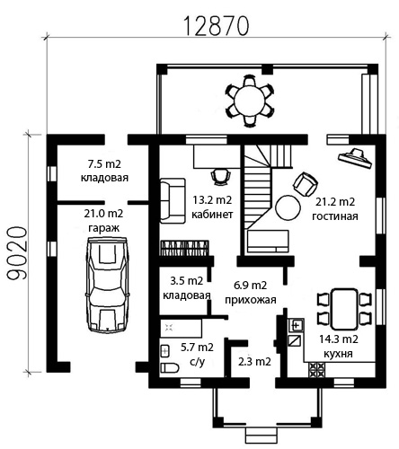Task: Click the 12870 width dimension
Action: pyautogui.click(x=216, y=25)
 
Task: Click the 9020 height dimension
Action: pyautogui.click(x=16, y=253)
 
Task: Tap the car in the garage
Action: pyautogui.click(x=107, y=285)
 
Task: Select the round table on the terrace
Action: pyautogui.click(x=250, y=101)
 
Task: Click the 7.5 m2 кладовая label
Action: pyautogui.click(x=104, y=171)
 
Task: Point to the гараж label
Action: pyautogui.click(x=104, y=228)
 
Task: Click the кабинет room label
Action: pyautogui.click(x=212, y=215)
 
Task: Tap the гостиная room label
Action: pyautogui.click(x=335, y=216)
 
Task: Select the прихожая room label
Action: pyautogui.click(x=251, y=299)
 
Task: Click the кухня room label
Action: pyautogui.click(x=338, y=354)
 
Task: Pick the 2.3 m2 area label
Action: pyautogui.click(x=254, y=362)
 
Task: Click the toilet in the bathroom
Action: pyautogui.click(x=170, y=367)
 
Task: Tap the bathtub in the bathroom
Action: pyautogui.click(x=181, y=329)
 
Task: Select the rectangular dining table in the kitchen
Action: pyautogui.click(x=344, y=309)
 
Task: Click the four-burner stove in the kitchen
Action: pyautogui.click(x=316, y=370)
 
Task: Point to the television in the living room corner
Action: pyautogui.click(x=356, y=158)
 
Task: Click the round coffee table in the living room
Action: pyautogui.click(x=288, y=207)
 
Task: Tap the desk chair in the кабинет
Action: pyautogui.click(x=221, y=176)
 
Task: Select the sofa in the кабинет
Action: pyautogui.click(x=173, y=201)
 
